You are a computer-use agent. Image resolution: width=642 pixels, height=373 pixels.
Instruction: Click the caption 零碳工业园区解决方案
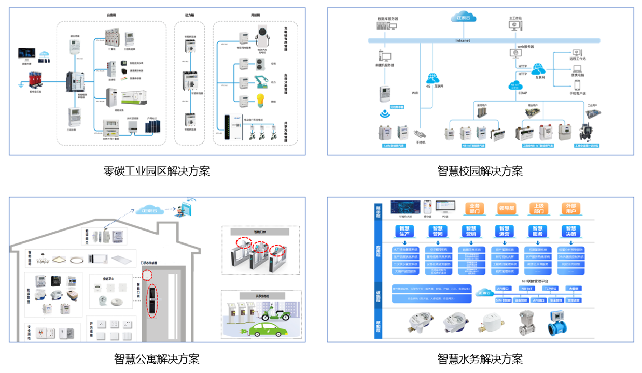[157, 171]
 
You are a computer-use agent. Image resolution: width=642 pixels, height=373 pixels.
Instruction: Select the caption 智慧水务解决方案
[480, 358]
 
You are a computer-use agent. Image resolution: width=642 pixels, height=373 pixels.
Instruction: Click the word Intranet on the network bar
[463, 40]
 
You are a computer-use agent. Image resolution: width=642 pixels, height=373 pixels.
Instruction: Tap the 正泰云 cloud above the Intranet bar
[463, 19]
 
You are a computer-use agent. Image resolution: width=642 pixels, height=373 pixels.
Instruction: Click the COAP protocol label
[523, 93]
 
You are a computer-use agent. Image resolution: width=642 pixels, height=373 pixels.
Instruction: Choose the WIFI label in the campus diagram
[415, 93]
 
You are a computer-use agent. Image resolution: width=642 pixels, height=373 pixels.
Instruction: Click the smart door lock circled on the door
[151, 300]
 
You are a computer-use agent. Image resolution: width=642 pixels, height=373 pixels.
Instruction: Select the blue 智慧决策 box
[571, 232]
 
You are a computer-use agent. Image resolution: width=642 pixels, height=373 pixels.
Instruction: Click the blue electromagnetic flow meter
[559, 323]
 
